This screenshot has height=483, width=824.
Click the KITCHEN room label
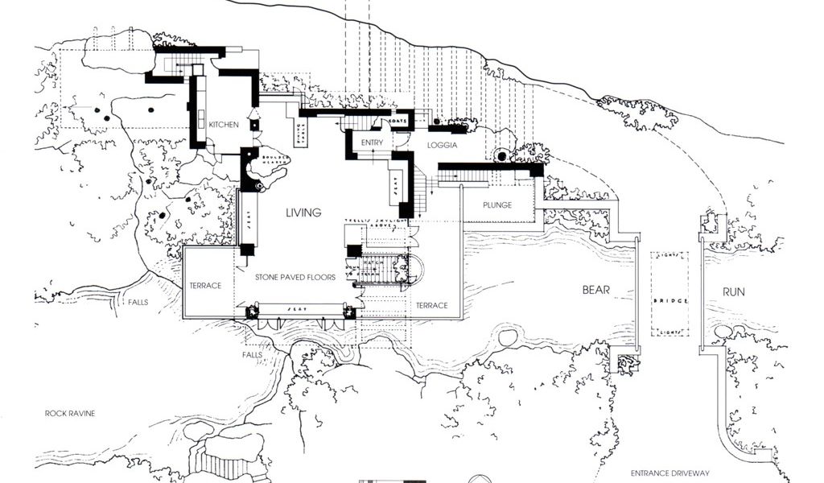click(224, 126)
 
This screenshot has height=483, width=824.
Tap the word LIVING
click(304, 213)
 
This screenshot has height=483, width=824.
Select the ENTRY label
click(372, 143)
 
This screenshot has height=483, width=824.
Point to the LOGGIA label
click(443, 146)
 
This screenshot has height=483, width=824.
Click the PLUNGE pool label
click(497, 205)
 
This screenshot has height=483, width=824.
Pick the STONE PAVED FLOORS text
click(295, 278)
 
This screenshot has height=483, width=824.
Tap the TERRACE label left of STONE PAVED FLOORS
click(205, 286)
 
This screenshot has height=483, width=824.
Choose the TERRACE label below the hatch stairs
click(431, 305)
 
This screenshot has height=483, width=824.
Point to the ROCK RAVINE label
click(70, 414)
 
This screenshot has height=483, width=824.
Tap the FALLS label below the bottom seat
click(252, 354)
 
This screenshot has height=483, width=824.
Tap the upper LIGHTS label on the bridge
click(670, 256)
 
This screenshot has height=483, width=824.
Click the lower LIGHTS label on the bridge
click(670, 332)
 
